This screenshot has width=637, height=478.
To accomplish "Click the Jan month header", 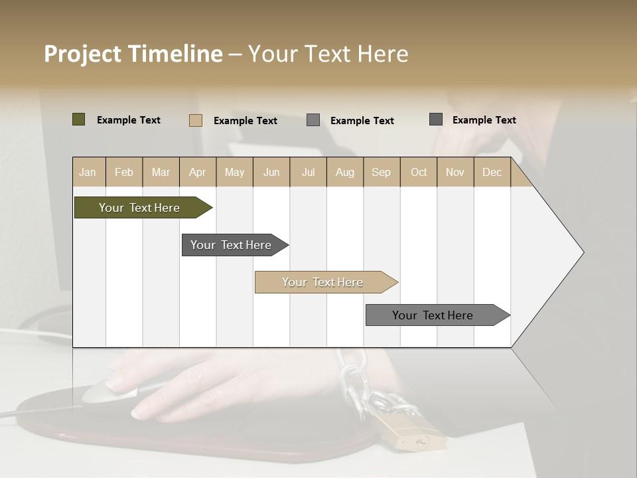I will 88,172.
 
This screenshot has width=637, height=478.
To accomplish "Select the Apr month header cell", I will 198,172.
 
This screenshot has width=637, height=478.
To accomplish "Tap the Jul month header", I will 308,172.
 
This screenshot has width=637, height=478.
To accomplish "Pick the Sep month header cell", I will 381,172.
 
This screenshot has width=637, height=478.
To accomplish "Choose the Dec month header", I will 492,172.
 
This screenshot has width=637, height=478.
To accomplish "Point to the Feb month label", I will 124,172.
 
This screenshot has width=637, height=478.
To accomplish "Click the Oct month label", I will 419,172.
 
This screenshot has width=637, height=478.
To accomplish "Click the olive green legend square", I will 78,119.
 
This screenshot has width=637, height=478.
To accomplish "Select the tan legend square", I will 195,120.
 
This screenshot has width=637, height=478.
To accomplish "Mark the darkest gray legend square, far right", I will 436,119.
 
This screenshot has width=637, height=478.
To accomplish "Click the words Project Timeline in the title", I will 133,53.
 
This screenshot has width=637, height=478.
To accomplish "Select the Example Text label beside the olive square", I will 129,120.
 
